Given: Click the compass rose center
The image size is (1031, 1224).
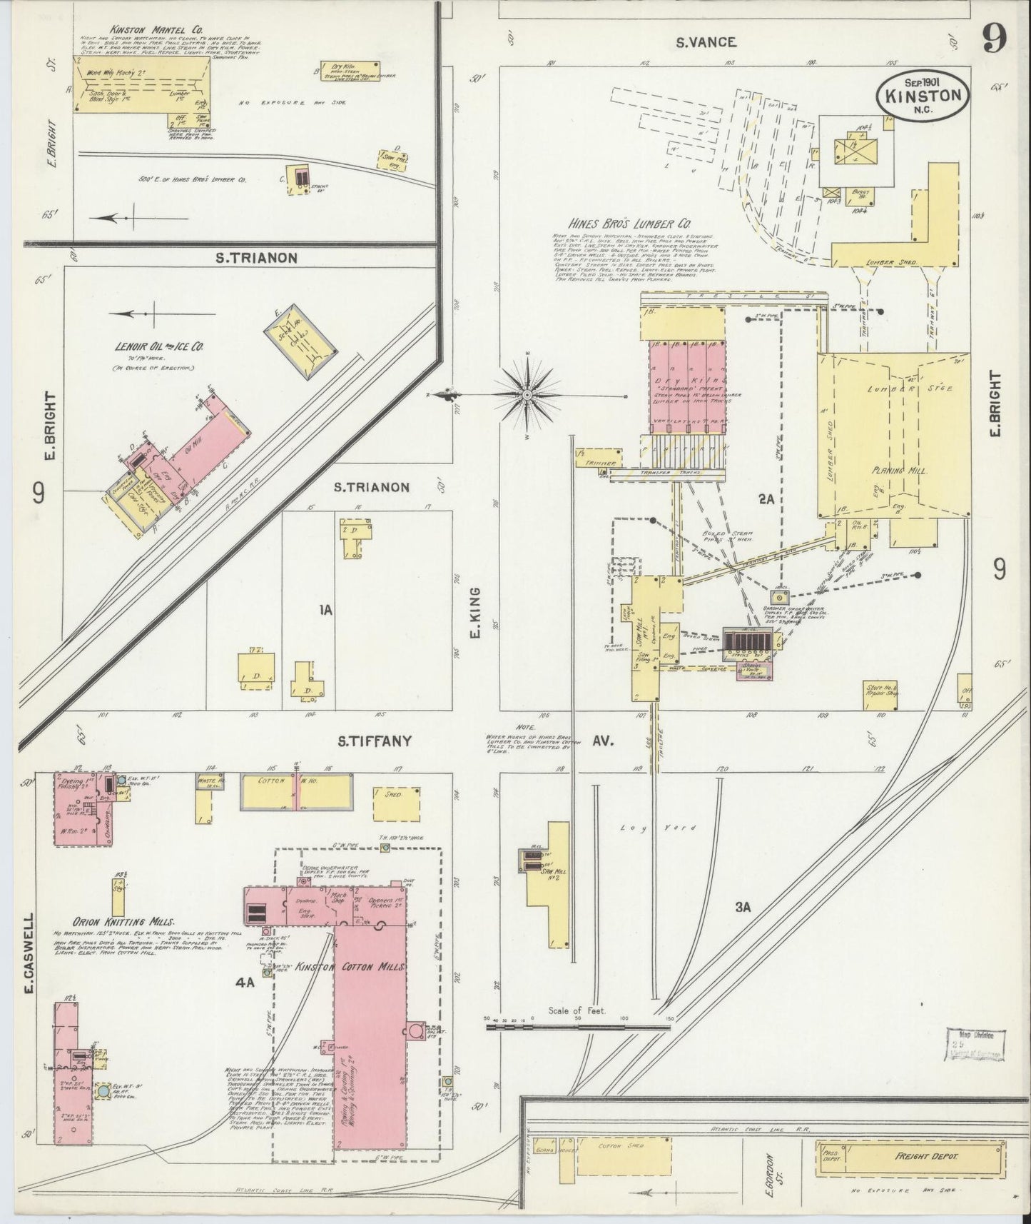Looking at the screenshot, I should coord(527,394).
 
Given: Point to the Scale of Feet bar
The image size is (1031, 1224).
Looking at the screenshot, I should coord(578,1027).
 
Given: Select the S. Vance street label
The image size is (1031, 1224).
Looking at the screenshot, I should coord(706,42).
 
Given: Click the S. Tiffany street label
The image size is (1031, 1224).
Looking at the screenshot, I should coord(375,741).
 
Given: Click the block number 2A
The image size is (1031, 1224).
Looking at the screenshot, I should coord(766,500).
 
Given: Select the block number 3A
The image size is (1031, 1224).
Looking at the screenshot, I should coord(743,907).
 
